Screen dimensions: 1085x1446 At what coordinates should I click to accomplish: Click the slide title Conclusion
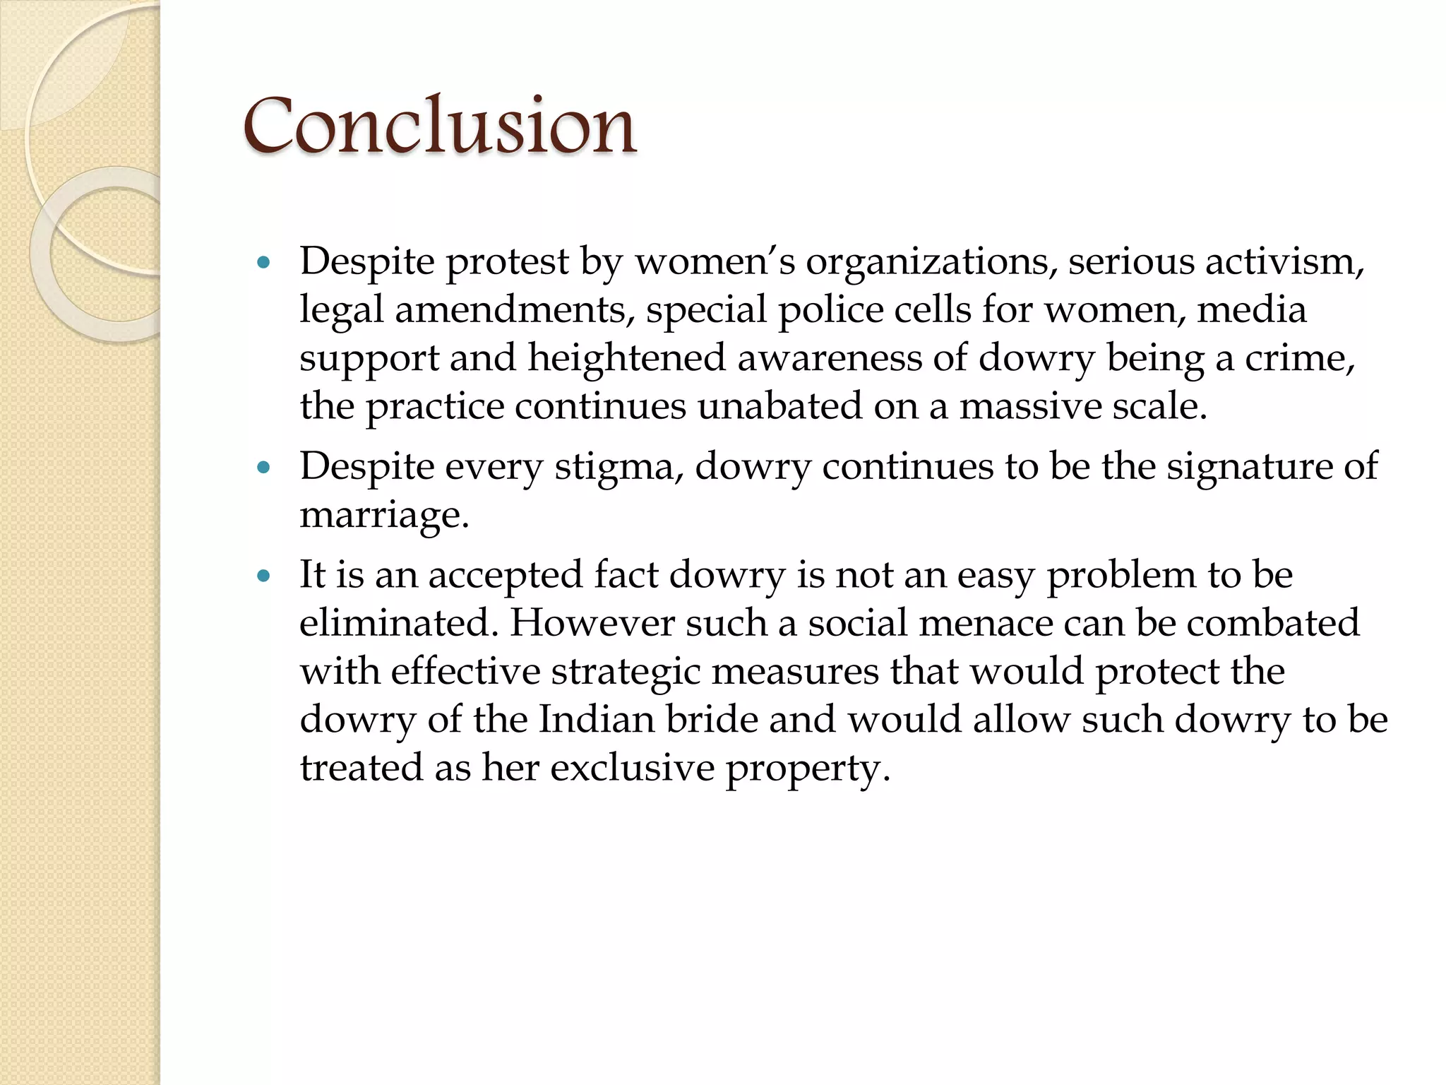(x=439, y=127)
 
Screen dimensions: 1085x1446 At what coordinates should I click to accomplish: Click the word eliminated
(x=398, y=624)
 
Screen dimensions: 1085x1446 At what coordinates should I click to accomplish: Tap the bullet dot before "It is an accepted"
(x=265, y=576)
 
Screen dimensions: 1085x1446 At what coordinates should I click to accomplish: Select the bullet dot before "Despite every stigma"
(x=265, y=468)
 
